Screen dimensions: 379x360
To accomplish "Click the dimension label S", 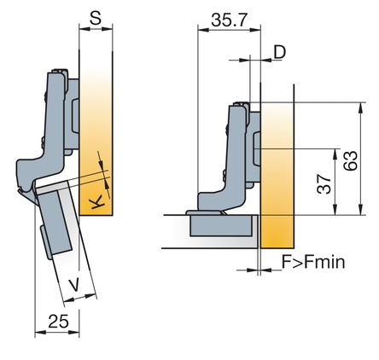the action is click(96, 18).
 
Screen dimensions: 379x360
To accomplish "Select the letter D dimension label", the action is click(279, 52).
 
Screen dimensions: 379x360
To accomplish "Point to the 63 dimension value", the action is click(350, 160).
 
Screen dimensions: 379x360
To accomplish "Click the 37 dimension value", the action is click(324, 184).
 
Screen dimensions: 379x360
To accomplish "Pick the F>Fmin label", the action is click(313, 262).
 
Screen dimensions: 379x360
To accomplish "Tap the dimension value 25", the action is click(59, 321).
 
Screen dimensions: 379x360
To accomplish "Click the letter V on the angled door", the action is click(74, 285).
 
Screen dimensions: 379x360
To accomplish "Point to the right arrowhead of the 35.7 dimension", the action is click(255, 29).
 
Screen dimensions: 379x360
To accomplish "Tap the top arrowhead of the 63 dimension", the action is click(361, 107).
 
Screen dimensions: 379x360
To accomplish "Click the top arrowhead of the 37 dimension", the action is click(335, 154).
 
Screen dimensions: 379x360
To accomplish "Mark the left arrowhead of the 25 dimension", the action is click(40, 332).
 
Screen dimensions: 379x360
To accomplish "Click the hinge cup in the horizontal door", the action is click(221, 225).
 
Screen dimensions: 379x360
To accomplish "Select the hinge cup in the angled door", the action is click(54, 222).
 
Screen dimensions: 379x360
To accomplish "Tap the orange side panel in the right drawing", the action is click(277, 175).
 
